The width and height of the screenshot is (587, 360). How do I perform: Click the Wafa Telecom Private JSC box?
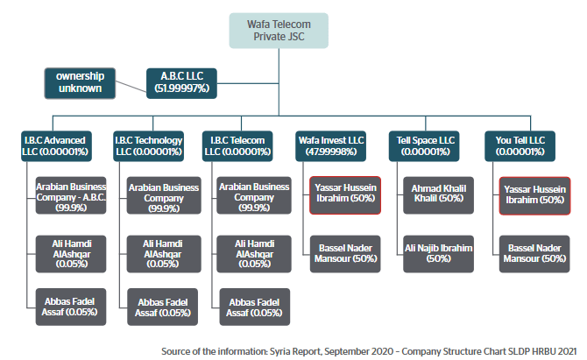pos(278,31)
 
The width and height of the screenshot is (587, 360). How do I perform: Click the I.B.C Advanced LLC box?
pos(53,145)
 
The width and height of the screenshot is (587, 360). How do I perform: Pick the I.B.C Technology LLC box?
pos(148,145)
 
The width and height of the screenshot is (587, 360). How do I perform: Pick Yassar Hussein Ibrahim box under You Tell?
pos(534,194)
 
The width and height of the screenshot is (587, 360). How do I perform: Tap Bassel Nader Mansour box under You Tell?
pos(534,253)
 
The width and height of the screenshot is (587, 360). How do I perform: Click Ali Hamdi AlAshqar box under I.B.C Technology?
pos(161,253)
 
